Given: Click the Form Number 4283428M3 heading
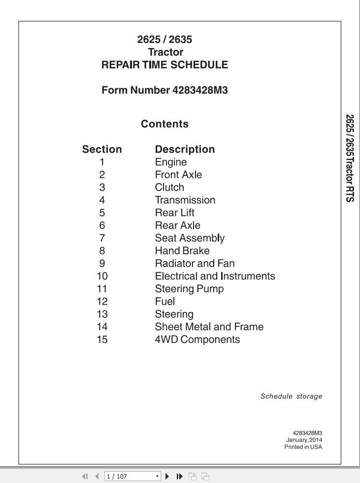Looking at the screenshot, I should [x=164, y=90].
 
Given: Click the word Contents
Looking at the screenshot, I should [x=164, y=124].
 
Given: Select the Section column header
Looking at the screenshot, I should [x=102, y=149].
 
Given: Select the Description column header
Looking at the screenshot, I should [x=185, y=149].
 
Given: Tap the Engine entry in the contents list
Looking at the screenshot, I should [x=171, y=162].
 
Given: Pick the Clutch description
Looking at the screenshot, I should [x=169, y=187].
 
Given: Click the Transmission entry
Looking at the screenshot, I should [x=185, y=200].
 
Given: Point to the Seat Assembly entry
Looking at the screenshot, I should [x=190, y=238].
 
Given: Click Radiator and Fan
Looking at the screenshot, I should [x=195, y=263].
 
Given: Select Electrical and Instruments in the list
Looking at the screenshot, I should [x=215, y=276].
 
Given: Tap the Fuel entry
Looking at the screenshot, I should [x=165, y=301].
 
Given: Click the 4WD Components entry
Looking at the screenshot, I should [x=197, y=340].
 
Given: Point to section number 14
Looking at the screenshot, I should [x=102, y=327].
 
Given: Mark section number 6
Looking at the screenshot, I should [x=102, y=225].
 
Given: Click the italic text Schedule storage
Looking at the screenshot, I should [x=291, y=396].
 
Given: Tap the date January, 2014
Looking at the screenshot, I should [x=304, y=440].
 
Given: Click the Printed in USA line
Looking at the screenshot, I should [x=303, y=447].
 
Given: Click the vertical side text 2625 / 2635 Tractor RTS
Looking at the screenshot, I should [x=350, y=158].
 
